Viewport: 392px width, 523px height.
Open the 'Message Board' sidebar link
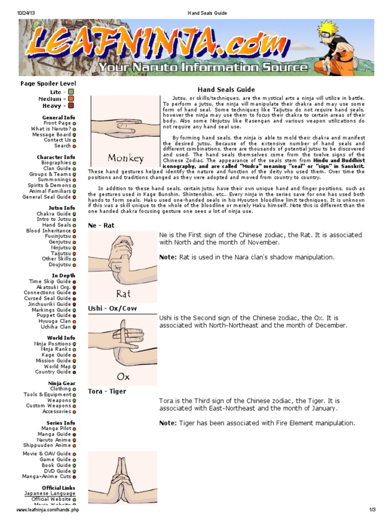pos(52,134)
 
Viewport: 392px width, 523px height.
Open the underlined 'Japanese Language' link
pos(50,493)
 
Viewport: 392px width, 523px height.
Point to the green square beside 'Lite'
pos(71,92)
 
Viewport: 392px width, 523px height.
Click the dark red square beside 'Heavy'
pos(71,106)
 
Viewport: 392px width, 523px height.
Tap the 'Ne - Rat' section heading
pos(101,225)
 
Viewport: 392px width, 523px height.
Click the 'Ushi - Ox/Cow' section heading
pos(112,308)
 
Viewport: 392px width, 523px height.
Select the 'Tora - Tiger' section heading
pos(107,391)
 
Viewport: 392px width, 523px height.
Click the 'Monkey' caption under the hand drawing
pos(126,158)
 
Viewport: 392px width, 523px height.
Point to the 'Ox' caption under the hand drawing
pos(124,377)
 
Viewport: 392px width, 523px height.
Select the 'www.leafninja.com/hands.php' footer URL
pos(48,510)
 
